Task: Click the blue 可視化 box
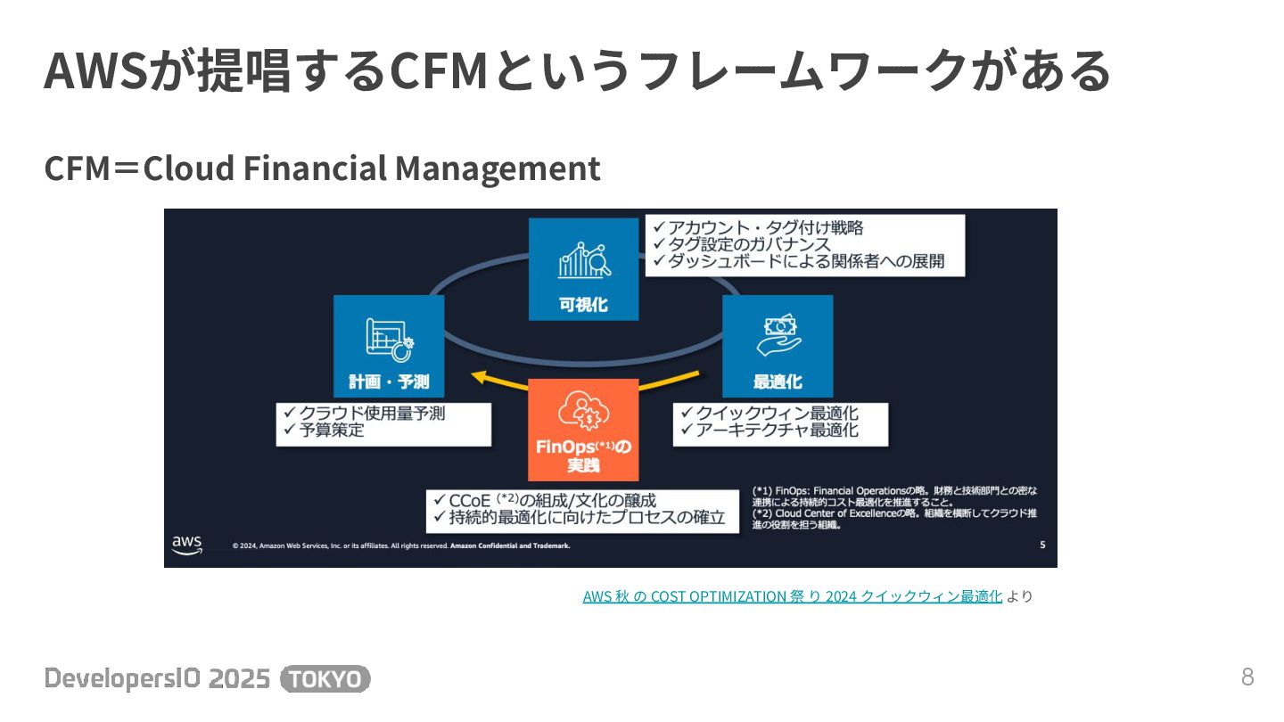click(x=583, y=269)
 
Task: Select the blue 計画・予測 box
click(x=389, y=346)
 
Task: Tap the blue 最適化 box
click(x=778, y=346)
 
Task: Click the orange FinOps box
click(x=583, y=430)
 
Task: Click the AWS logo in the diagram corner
click(x=187, y=544)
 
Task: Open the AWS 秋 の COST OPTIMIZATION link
click(x=792, y=596)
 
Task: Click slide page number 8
click(x=1247, y=677)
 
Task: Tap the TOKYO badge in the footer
click(x=325, y=679)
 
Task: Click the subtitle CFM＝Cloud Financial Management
click(x=322, y=168)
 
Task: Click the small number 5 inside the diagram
click(x=1042, y=545)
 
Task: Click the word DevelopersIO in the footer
click(x=113, y=679)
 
